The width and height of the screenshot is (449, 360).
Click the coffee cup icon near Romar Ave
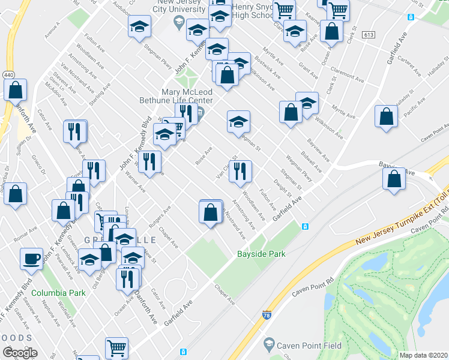point(31,259)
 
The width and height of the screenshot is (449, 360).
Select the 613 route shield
point(369,37)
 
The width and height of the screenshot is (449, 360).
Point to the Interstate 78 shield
point(267,314)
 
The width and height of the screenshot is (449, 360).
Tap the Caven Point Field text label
point(312,346)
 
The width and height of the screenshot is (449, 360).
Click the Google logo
point(20,353)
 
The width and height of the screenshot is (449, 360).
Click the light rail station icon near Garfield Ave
point(305,226)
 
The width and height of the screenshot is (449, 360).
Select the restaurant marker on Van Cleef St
point(240,172)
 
